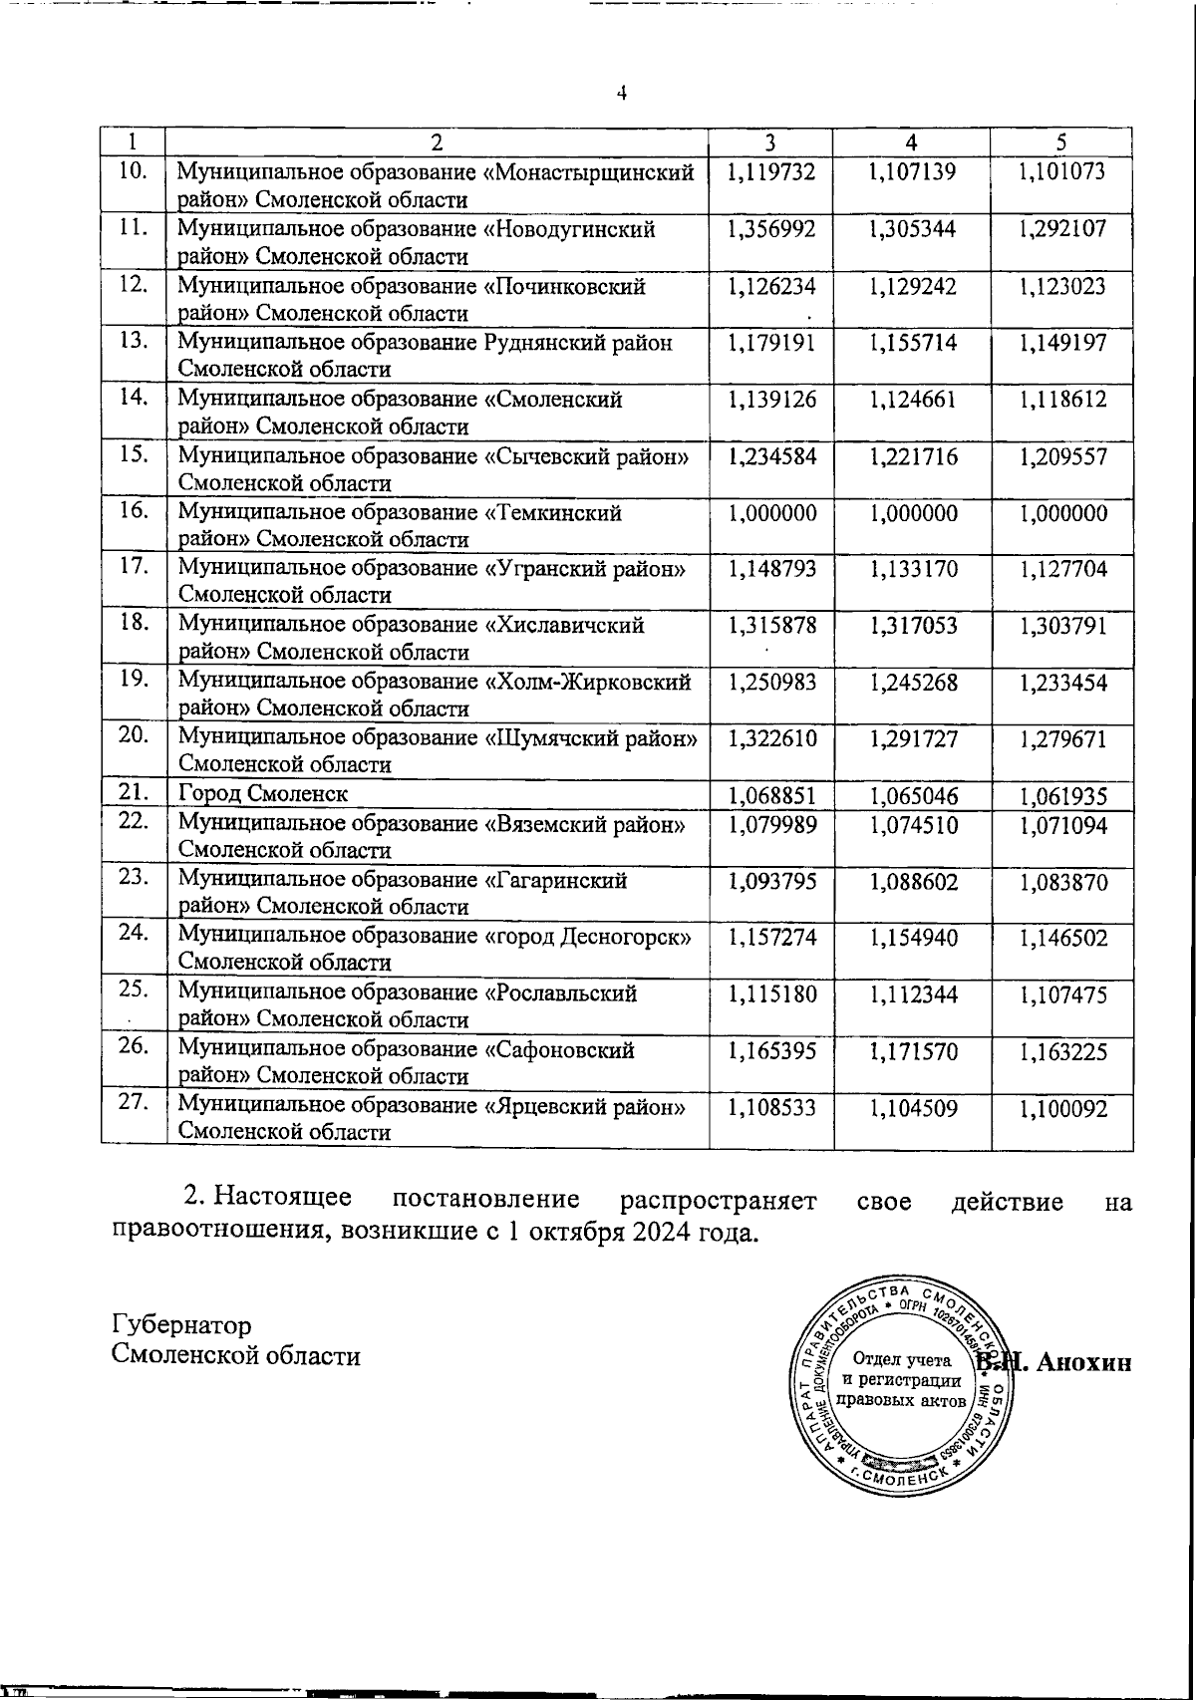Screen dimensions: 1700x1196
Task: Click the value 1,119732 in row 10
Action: coord(771,172)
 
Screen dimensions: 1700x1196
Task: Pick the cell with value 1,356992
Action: coord(771,229)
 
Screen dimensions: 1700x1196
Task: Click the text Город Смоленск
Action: coord(263,794)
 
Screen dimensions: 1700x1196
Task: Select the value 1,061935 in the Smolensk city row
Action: coord(1062,796)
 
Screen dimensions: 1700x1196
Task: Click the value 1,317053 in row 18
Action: coord(913,627)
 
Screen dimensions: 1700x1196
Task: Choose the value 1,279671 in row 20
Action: coord(1062,740)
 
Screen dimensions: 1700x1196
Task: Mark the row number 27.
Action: coord(134,1102)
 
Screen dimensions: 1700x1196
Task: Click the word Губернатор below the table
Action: coord(182,1324)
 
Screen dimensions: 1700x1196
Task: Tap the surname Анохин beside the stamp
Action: coord(1083,1362)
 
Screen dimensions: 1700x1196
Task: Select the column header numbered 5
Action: coord(1061,142)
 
